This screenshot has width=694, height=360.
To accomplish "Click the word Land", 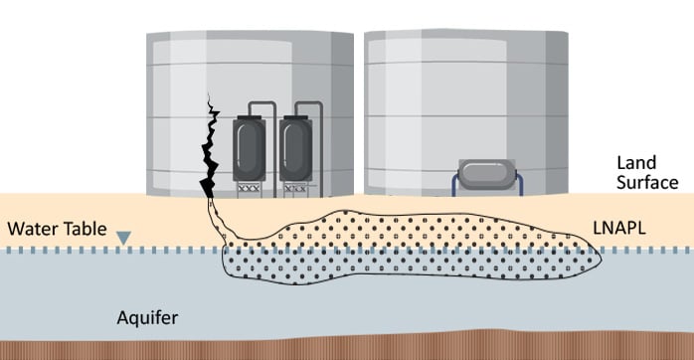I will [x=636, y=162].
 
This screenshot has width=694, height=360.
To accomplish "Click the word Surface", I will [x=646, y=182].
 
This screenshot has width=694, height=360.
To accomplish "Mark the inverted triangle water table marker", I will [x=122, y=238].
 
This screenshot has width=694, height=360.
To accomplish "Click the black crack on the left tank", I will [x=211, y=149].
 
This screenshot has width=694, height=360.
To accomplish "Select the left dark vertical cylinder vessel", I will [x=248, y=149].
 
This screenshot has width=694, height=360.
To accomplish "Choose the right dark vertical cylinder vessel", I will [x=295, y=149].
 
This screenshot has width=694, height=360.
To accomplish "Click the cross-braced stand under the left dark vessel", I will [x=248, y=187].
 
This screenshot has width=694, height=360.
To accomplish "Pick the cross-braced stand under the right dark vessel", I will [x=295, y=187].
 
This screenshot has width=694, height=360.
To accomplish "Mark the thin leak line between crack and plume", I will [x=221, y=224].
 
